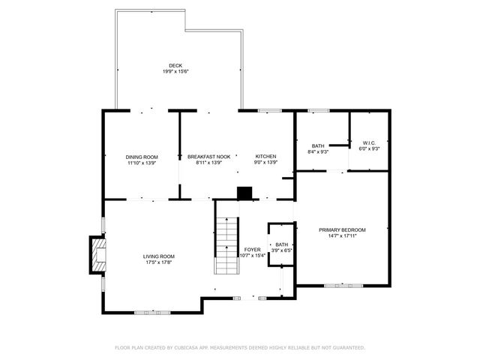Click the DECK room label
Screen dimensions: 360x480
pyautogui.click(x=175, y=65)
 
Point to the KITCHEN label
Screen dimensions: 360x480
pyautogui.click(x=265, y=156)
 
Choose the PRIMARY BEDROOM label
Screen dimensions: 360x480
pyautogui.click(x=342, y=229)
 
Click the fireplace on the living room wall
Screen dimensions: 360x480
pyautogui.click(x=96, y=255)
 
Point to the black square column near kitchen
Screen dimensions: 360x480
pyautogui.click(x=244, y=193)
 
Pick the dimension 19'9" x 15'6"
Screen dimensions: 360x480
pyautogui.click(x=175, y=71)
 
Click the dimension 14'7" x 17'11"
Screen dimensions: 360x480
pyautogui.click(x=342, y=235)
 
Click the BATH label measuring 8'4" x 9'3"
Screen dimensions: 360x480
pyautogui.click(x=319, y=145)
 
